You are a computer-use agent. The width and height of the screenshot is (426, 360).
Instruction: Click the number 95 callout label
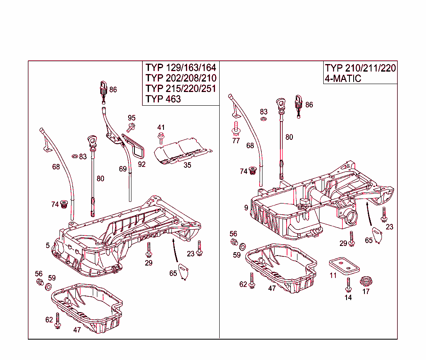(132, 118)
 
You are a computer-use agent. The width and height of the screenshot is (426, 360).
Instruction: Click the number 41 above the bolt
(161, 127)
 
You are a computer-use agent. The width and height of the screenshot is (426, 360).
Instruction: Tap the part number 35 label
(188, 165)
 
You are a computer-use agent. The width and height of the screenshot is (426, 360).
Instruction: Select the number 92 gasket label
(142, 164)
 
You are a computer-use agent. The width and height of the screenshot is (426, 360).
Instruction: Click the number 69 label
(123, 169)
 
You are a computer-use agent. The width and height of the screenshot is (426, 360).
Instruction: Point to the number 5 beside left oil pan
(48, 246)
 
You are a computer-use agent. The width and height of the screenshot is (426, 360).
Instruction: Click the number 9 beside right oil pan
(246, 207)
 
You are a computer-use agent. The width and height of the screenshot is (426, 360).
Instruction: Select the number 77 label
(236, 141)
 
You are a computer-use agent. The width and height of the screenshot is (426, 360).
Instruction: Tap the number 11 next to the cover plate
(333, 276)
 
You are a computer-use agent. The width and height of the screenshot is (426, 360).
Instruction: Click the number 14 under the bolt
(348, 298)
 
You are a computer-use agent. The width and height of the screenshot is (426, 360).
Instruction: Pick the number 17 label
(366, 292)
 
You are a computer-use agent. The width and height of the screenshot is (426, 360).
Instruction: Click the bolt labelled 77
(236, 128)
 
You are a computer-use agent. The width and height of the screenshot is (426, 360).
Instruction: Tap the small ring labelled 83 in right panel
(263, 119)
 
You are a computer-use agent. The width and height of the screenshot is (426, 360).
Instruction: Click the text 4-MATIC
(343, 78)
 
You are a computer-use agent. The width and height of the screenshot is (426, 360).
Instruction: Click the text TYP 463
(163, 99)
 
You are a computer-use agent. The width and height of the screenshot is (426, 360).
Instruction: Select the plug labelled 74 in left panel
(64, 204)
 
